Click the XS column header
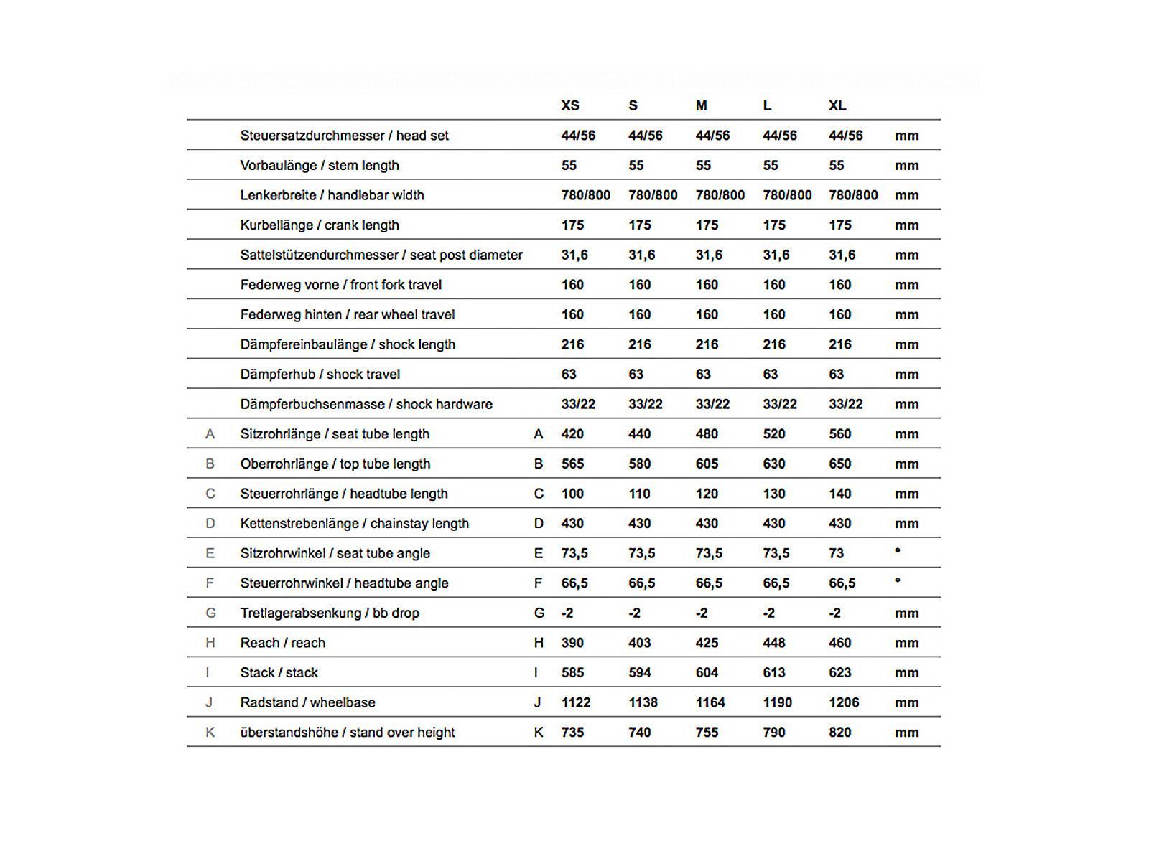tap(569, 105)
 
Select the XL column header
tap(837, 105)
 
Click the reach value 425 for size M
tap(707, 643)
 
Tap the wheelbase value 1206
tap(844, 702)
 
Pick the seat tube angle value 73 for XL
tap(837, 553)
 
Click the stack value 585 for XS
tap(572, 673)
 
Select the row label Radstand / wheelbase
tap(307, 702)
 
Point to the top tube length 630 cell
tap(774, 464)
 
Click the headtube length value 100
tap(572, 494)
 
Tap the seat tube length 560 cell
tap(839, 434)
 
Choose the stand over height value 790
tap(774, 733)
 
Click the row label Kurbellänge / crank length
tap(320, 225)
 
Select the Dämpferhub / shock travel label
tap(320, 375)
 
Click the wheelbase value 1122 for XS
tap(576, 702)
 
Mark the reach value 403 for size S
tap(639, 643)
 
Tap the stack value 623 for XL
tap(839, 673)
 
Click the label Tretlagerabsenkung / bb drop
tap(330, 613)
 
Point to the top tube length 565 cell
tap(572, 464)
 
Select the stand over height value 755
tap(707, 733)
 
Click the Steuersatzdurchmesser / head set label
tap(344, 136)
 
